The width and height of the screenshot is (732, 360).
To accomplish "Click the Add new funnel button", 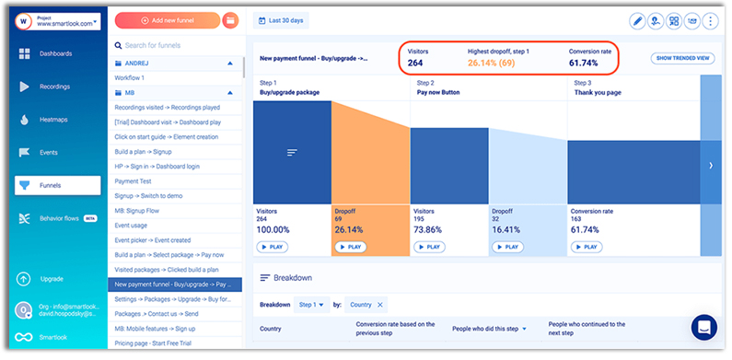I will (167, 20).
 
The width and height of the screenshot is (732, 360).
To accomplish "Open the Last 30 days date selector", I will (281, 20).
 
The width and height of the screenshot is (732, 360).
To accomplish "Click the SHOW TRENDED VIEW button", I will (683, 58).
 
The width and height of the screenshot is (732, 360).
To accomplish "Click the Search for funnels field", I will (175, 45).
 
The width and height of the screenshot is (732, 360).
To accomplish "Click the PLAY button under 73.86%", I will (427, 247).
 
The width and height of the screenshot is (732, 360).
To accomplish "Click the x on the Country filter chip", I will (380, 305).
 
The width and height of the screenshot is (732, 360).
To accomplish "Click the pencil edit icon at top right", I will (636, 20).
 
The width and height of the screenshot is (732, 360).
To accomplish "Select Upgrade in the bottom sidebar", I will (52, 278).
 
